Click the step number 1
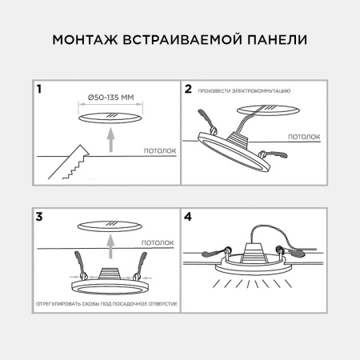pyautogui.click(x=39, y=90)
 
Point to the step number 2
pyautogui.click(x=189, y=90)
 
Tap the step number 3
pyautogui.click(x=39, y=216)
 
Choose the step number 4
pyautogui.click(x=189, y=216)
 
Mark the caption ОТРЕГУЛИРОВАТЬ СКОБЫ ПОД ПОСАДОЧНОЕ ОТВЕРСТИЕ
pyautogui.click(x=106, y=306)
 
